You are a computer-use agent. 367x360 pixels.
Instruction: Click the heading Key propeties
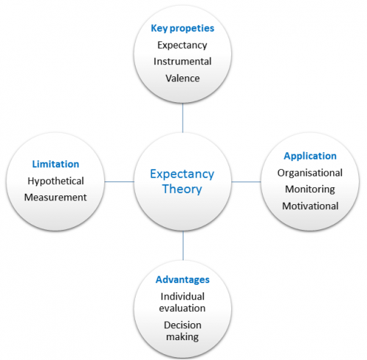pos(183,29)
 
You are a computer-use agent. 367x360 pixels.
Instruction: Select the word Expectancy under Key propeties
pos(182,46)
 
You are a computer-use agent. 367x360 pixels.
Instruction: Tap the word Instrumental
pos(183,62)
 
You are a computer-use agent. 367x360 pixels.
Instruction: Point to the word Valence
pos(183,79)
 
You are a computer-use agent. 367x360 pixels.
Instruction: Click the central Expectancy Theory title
pos(182,181)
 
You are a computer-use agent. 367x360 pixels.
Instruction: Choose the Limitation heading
pos(56,164)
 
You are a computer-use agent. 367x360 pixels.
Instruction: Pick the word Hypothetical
pos(56,181)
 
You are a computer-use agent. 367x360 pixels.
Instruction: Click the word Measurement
pos(56,198)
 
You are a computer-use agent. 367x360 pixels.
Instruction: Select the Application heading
pos(310,156)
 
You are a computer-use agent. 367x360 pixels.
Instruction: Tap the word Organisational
pos(310,173)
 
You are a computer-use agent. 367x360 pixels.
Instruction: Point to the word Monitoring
pos(310,190)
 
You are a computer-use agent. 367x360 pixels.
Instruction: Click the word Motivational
pos(310,206)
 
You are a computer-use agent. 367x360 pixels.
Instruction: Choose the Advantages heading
pos(183,280)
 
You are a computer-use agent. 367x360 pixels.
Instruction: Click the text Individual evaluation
pos(182,303)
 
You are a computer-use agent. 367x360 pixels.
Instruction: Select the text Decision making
pos(183,331)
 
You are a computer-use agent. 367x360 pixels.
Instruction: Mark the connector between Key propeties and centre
pos(183,118)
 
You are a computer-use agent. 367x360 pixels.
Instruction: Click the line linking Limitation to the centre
pos(120,181)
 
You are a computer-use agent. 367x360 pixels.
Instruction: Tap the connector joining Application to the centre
pos(246,181)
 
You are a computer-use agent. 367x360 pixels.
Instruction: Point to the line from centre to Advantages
pos(183,245)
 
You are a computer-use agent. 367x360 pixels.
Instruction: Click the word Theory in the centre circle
pos(182,190)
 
